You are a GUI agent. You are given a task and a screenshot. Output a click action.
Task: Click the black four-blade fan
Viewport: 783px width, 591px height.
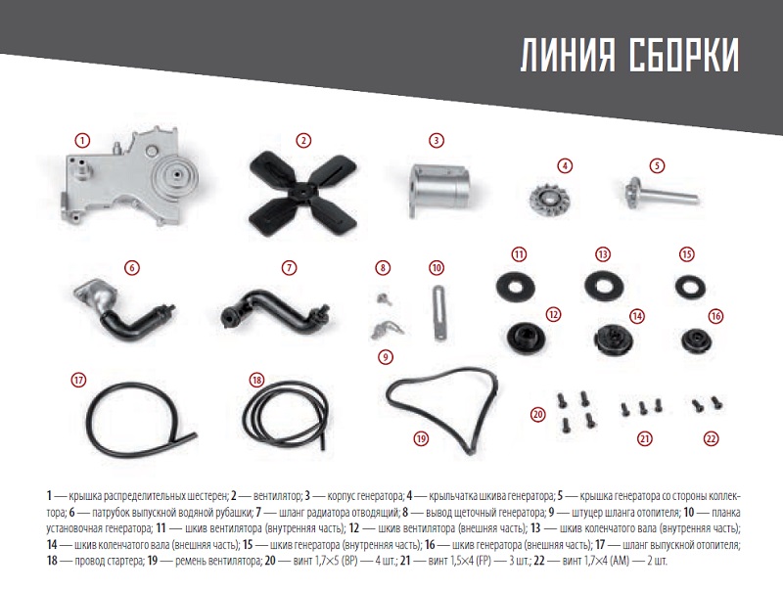tap(303, 192)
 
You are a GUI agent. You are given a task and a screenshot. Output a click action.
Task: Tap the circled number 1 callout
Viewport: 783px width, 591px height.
tap(82, 140)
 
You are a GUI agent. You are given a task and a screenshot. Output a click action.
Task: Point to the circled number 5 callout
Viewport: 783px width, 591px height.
tap(657, 165)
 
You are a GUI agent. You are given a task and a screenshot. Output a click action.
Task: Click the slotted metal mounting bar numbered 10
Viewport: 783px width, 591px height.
tap(439, 312)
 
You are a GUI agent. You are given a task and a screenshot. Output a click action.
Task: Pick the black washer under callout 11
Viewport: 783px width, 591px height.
tap(516, 287)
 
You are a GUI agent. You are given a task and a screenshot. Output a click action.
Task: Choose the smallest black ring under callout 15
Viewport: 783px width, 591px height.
tap(691, 287)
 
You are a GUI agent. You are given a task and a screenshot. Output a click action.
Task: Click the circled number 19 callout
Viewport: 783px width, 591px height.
tap(421, 438)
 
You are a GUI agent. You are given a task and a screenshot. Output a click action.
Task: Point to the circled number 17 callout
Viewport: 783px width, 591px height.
tap(78, 380)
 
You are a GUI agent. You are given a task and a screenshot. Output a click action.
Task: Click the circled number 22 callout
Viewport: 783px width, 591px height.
tap(711, 438)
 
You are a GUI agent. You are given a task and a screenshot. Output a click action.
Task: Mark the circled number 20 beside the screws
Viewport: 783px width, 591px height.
tap(537, 414)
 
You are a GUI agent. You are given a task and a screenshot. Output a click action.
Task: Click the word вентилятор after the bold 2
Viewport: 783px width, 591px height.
tap(277, 496)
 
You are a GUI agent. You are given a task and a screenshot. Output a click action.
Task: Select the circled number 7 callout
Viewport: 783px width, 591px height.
tap(289, 267)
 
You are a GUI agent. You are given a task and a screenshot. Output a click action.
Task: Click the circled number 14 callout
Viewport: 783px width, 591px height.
tap(637, 315)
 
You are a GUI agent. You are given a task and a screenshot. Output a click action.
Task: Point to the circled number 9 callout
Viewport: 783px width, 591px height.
tap(385, 357)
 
